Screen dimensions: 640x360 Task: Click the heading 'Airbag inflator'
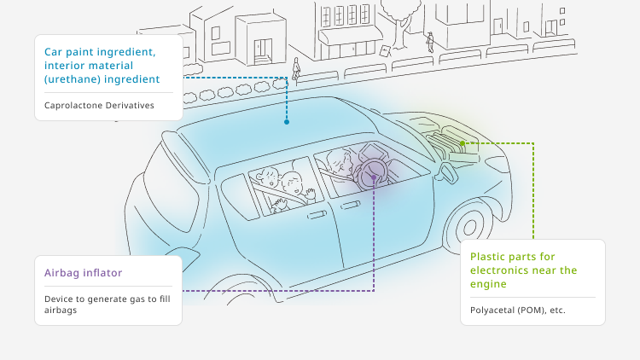[x=84, y=273]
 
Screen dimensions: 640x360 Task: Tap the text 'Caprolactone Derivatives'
[x=99, y=105]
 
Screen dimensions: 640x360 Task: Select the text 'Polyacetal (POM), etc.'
[x=518, y=311]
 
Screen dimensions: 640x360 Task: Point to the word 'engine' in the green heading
[x=488, y=284]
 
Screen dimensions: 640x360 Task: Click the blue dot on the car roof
[x=287, y=122]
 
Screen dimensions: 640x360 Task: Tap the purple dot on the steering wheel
[x=374, y=177]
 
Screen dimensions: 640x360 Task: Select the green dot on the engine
[x=462, y=143]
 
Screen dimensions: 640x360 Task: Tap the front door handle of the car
[x=351, y=205]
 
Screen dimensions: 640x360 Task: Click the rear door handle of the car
[x=317, y=215]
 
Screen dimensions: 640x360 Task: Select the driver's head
[x=340, y=160]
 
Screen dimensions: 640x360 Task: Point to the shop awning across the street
[x=350, y=35]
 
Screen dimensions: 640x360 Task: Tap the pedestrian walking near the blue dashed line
[x=296, y=68]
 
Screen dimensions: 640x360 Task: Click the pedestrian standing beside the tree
[x=430, y=43]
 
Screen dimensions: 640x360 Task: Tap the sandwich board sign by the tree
[x=386, y=50]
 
